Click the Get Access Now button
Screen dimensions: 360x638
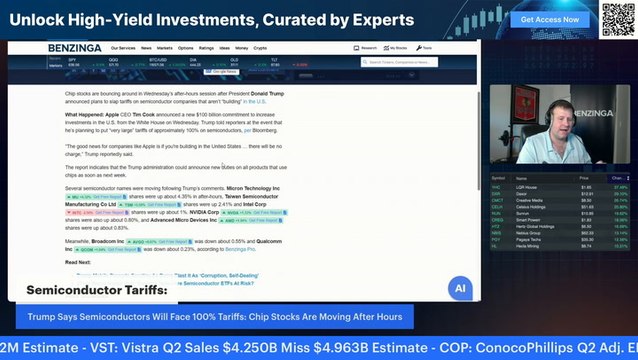point(549,19)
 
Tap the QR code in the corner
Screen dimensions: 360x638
point(617,18)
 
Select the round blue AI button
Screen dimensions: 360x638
point(460,288)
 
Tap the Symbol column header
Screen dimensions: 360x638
point(498,178)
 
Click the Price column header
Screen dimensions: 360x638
point(583,178)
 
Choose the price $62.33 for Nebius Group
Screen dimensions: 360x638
point(586,233)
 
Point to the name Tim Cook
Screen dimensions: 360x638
point(139,115)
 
